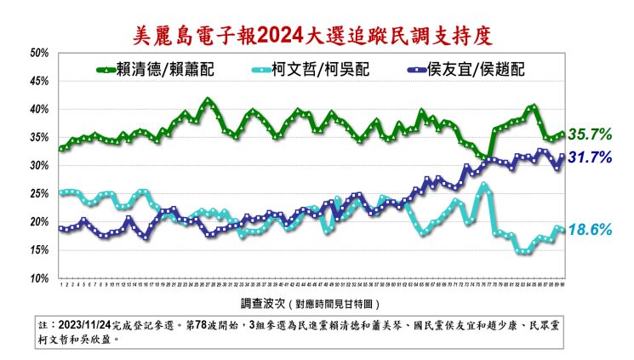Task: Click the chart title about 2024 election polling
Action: coord(317,36)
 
